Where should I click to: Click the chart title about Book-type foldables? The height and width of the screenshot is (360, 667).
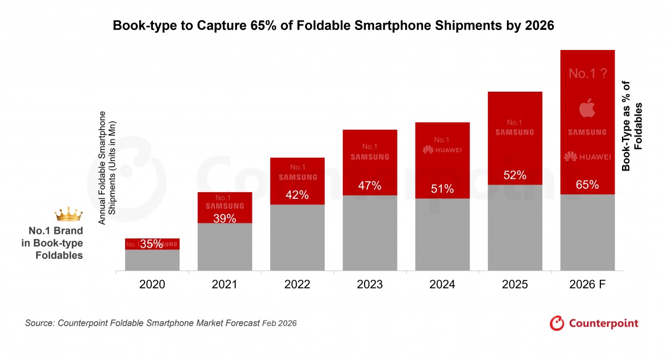pos(333,26)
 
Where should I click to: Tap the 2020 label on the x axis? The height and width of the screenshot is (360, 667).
pos(152,284)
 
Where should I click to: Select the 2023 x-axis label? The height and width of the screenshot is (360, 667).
pos(370,284)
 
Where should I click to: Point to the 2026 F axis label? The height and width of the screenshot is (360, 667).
pos(588,284)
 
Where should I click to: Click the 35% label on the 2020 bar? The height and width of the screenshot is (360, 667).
pos(151,244)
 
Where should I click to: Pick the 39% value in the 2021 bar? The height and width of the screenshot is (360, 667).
pos(225,218)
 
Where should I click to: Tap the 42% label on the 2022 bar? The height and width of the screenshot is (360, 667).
pos(297,195)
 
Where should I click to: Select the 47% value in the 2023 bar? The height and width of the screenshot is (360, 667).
pos(370,186)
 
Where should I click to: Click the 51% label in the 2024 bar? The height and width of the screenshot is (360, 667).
pos(442,189)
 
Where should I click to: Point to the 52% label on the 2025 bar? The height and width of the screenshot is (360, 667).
pos(515,176)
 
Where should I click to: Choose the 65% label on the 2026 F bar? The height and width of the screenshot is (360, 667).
pos(588,185)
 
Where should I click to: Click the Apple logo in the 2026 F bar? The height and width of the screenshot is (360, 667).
pos(587,108)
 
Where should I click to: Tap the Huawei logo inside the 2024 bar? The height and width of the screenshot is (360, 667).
pos(442,150)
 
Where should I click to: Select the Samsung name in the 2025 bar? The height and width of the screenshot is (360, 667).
pos(515,132)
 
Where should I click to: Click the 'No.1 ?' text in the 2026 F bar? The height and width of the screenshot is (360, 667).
pos(587,73)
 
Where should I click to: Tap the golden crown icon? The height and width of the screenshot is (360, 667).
pos(68,214)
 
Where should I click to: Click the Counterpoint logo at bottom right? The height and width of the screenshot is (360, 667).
pos(594,323)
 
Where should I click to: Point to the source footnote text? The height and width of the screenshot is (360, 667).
pos(161,323)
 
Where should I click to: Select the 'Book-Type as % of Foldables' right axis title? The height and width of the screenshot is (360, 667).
pos(632,126)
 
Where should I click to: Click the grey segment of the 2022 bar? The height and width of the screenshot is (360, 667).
pos(297,238)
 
